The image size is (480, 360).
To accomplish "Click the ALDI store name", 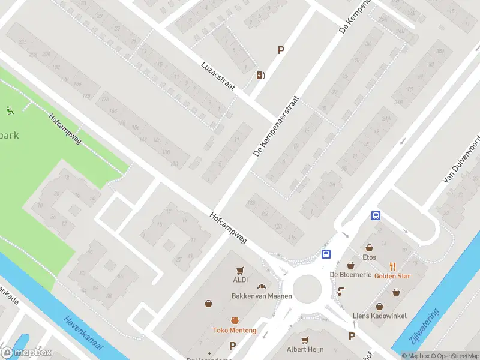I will [241, 280].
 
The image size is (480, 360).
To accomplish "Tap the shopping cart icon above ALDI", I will [241, 270].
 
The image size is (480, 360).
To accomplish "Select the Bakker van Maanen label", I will [262, 296].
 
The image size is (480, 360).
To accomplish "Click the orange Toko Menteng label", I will [235, 330].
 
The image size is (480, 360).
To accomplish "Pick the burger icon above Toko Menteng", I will [235, 320].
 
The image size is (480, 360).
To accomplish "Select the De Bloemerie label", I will [351, 275].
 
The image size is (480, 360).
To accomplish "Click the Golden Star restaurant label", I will [393, 275].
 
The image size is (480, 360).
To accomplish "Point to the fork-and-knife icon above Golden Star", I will [393, 266].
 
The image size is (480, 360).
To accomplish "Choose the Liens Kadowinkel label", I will [380, 316].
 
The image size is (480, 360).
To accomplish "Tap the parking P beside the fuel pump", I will [280, 51].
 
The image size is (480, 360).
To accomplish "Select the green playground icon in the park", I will [10, 110].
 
